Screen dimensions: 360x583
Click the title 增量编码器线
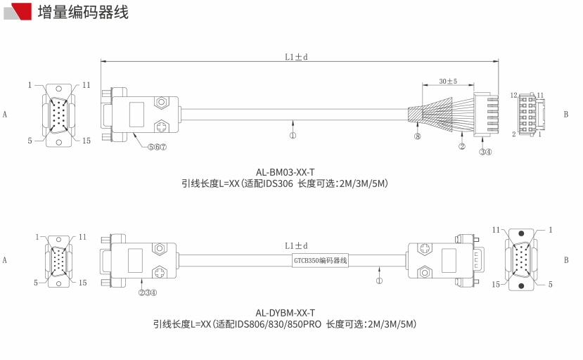[x=83, y=11]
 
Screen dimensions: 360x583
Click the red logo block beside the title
[x=21, y=11]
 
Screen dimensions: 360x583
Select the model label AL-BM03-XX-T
[x=285, y=172]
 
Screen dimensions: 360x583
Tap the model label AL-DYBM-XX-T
[x=285, y=313]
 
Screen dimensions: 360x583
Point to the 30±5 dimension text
[x=447, y=81]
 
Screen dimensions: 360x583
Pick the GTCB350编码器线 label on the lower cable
[x=320, y=261]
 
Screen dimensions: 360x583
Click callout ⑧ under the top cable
[x=417, y=136]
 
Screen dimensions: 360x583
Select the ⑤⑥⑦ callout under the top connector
[x=157, y=147]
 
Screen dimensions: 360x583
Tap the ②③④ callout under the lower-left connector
[x=147, y=292]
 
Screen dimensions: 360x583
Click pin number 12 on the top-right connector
[x=514, y=95]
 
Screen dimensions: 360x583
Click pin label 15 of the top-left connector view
[x=86, y=141]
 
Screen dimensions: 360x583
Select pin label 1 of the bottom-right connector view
[x=551, y=230]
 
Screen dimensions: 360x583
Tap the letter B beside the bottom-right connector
[x=565, y=259]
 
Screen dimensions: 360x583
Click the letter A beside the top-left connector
[x=5, y=113]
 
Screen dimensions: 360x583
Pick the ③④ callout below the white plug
[x=485, y=151]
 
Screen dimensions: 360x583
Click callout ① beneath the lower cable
[x=379, y=280]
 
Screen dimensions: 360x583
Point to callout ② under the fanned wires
[x=462, y=147]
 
